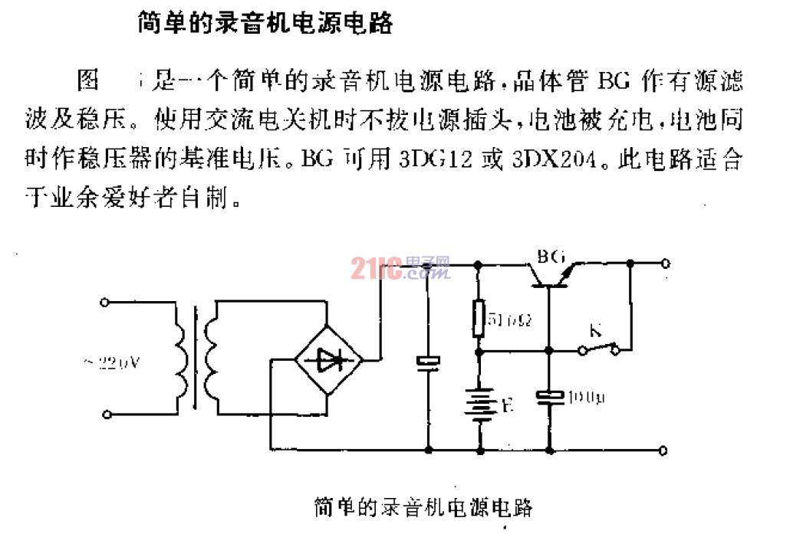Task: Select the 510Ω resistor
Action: pyautogui.click(x=479, y=318)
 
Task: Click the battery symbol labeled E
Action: pyautogui.click(x=479, y=405)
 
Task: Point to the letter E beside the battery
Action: pyautogui.click(x=506, y=407)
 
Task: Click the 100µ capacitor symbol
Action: pyautogui.click(x=549, y=396)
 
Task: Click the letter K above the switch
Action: pyautogui.click(x=594, y=332)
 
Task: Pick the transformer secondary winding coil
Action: pyautogui.click(x=209, y=357)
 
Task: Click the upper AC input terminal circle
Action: pyautogui.click(x=106, y=302)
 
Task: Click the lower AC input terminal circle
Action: pyautogui.click(x=106, y=414)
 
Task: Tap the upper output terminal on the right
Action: pyautogui.click(x=665, y=263)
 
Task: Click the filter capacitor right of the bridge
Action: pyautogui.click(x=427, y=361)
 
